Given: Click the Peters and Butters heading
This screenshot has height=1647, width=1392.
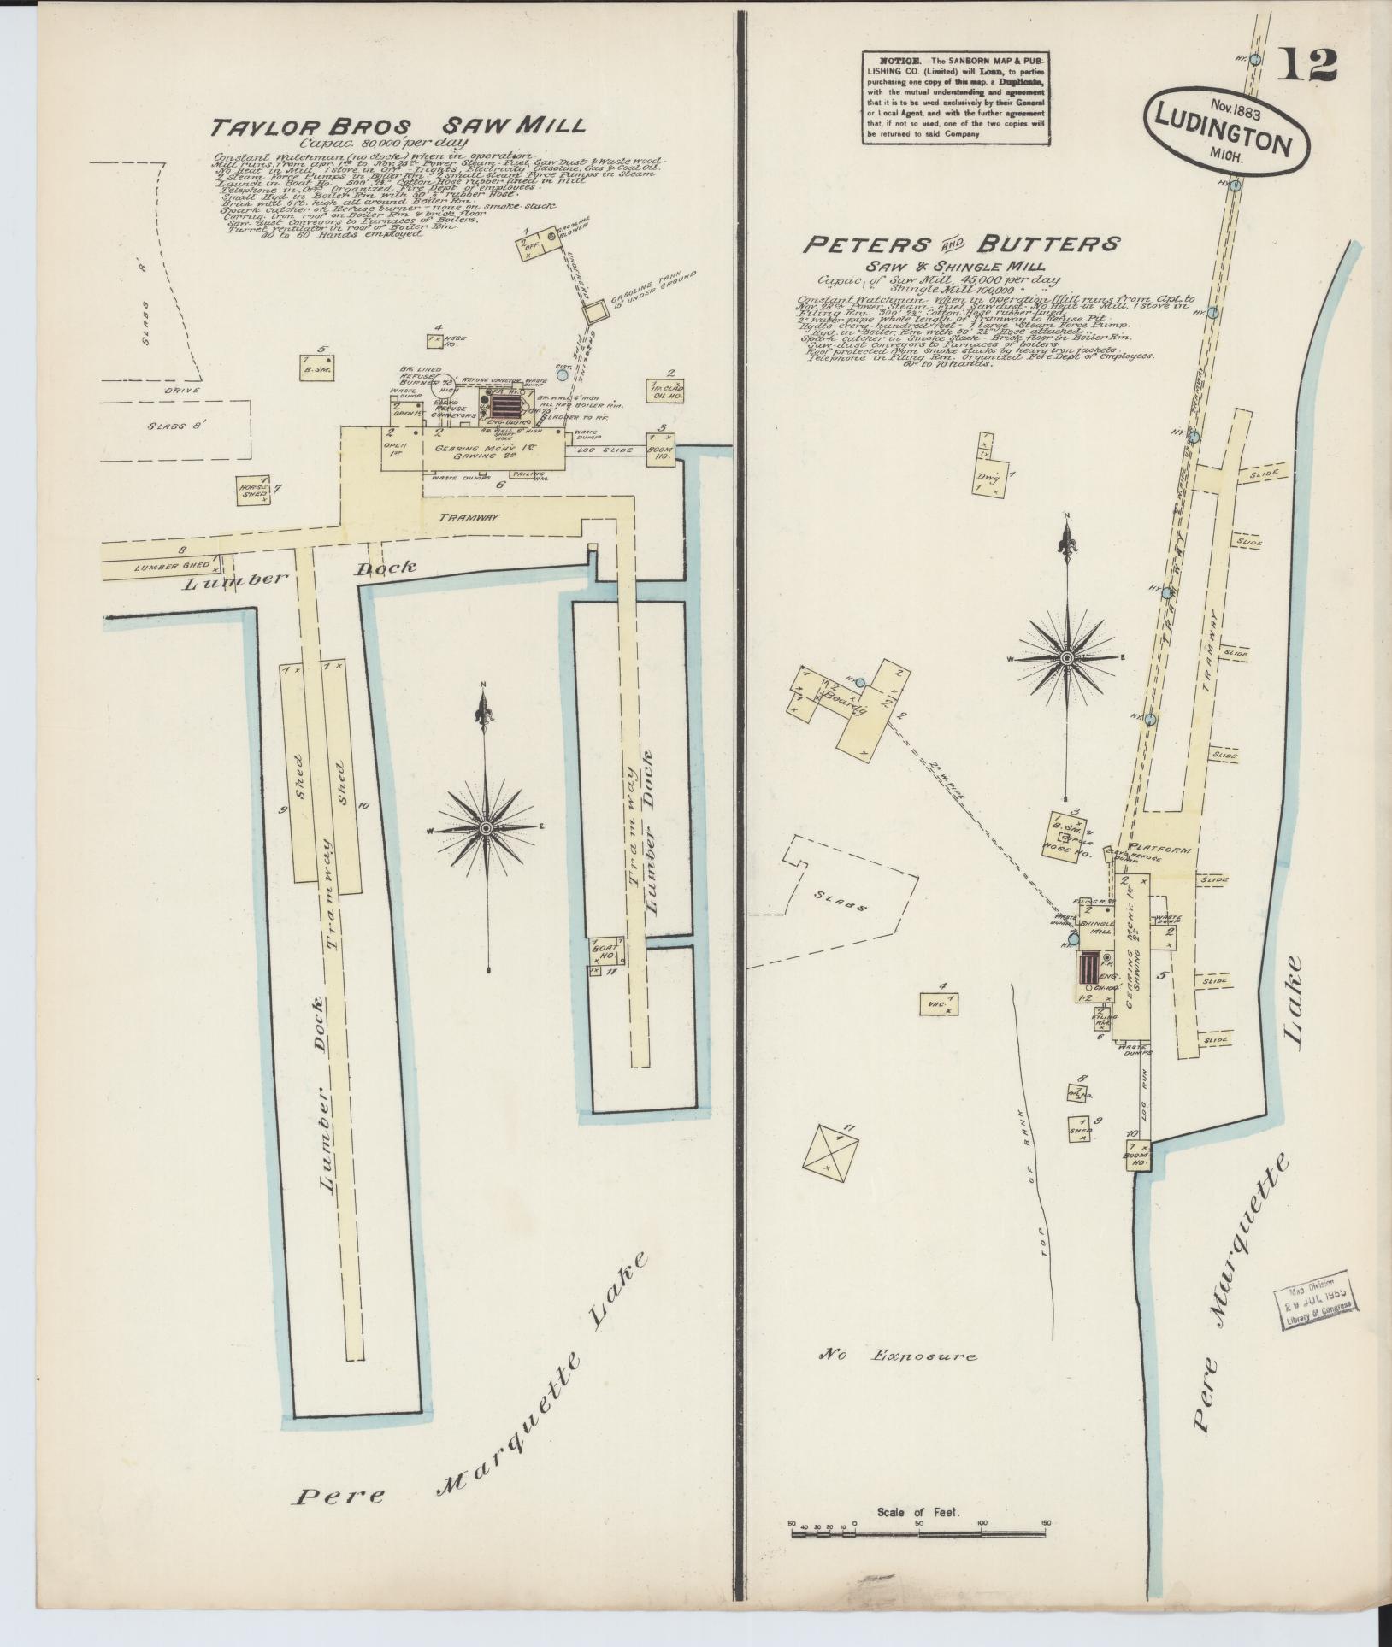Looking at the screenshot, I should click(960, 244).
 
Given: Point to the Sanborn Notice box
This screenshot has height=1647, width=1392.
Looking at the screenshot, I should click(956, 97).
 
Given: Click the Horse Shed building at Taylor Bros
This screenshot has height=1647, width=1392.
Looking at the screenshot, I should click(254, 490).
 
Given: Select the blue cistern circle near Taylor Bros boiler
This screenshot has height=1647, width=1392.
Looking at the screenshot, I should click(562, 374).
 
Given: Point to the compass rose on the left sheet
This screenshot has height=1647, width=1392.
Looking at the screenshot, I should click(486, 827).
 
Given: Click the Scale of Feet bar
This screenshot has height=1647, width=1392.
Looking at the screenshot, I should click(920, 1533).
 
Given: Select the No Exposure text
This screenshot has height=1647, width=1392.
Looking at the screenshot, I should click(898, 1355).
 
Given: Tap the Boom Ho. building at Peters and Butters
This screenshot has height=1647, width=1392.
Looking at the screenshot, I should click(1138, 1154).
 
